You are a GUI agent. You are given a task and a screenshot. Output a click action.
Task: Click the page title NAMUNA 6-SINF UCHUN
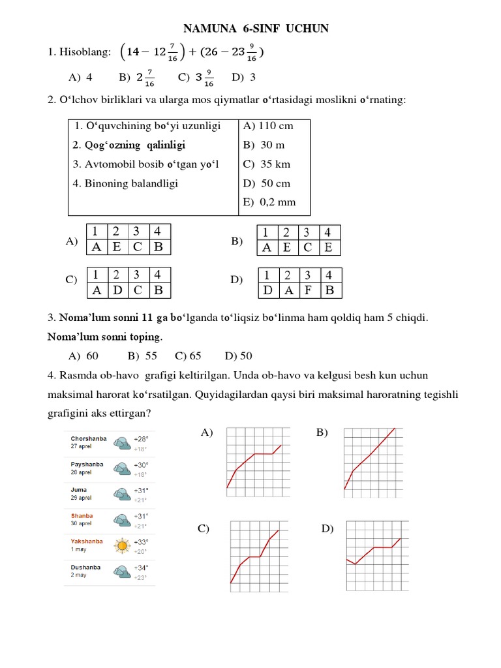(256, 29)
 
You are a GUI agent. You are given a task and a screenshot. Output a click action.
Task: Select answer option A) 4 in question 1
(80, 78)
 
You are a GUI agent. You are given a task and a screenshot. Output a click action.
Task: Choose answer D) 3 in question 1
(243, 78)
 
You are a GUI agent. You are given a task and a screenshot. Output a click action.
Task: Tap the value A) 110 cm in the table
(268, 126)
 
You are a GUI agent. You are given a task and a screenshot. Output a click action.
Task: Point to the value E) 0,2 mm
(269, 202)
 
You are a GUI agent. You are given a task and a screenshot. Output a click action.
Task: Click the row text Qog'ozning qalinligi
(129, 145)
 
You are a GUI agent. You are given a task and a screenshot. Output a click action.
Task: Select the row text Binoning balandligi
(125, 183)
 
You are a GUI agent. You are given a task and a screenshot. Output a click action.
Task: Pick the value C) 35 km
(266, 164)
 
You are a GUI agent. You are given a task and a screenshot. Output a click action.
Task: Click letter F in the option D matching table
(308, 290)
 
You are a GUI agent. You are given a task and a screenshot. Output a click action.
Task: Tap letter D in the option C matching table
(117, 290)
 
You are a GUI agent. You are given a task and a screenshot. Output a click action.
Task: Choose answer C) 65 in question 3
(188, 356)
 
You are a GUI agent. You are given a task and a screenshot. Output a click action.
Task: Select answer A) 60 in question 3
(83, 356)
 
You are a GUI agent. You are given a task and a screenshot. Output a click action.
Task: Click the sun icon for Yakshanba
(121, 545)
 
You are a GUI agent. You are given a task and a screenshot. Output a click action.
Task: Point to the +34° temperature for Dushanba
(141, 568)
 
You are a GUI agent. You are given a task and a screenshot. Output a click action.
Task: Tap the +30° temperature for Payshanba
(141, 464)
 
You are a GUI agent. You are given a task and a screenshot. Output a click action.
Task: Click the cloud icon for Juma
(121, 494)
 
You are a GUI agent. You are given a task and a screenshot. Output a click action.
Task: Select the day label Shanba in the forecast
(82, 515)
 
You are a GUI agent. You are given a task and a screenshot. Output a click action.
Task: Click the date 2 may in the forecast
(78, 575)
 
